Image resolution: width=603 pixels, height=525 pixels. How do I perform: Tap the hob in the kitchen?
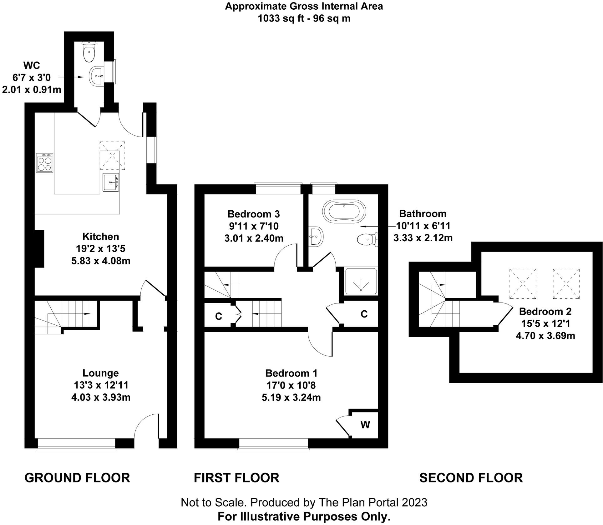(44, 162)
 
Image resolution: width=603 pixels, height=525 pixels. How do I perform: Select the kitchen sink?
(111, 182)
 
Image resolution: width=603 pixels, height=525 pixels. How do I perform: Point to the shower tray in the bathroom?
(361, 281)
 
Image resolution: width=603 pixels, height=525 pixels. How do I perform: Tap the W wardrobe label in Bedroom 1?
(365, 425)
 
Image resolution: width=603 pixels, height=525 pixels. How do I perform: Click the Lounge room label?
(101, 373)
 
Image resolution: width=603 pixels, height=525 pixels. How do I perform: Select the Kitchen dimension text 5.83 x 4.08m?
(101, 261)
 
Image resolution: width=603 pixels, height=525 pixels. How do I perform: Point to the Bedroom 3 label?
(253, 214)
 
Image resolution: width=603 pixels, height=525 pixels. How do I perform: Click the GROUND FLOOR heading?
(77, 478)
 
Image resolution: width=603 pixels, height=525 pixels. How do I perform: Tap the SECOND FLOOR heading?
(471, 478)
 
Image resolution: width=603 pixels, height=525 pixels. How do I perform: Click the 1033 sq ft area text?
(304, 18)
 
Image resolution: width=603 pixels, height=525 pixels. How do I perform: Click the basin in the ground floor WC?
(97, 76)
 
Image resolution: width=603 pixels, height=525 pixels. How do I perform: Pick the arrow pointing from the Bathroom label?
(375, 226)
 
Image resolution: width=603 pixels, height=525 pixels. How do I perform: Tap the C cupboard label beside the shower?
(364, 314)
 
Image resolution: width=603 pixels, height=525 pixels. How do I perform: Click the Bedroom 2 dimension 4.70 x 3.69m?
(545, 336)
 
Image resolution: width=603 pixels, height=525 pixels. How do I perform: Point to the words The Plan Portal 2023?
(373, 502)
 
